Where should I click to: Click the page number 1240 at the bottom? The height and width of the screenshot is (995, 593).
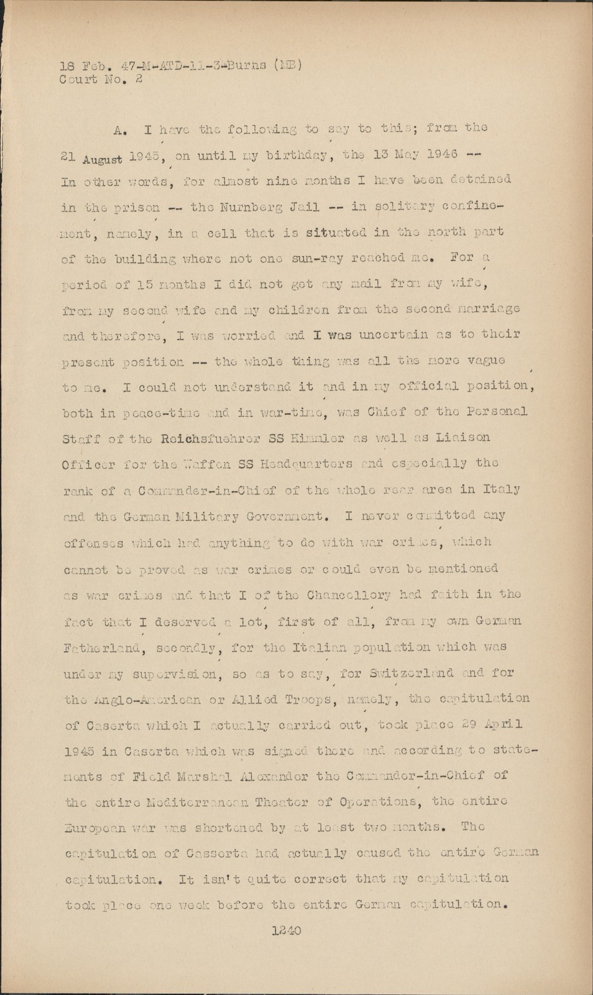point(287,931)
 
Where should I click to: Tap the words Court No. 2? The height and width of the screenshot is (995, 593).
point(101,79)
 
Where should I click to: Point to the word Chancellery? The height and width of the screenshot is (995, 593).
point(349,595)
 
